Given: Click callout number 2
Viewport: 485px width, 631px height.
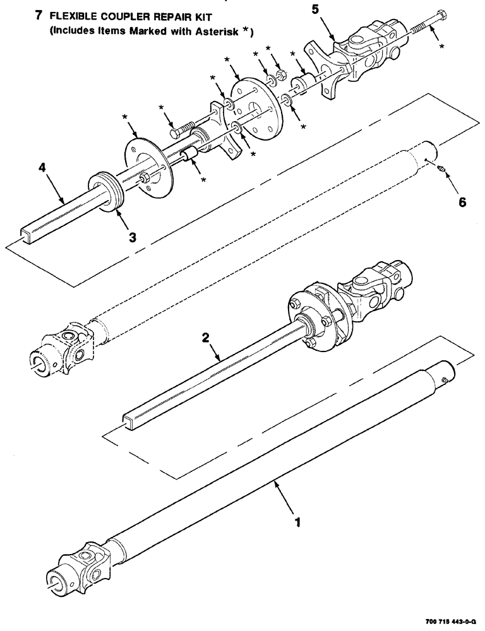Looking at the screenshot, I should (205, 338).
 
